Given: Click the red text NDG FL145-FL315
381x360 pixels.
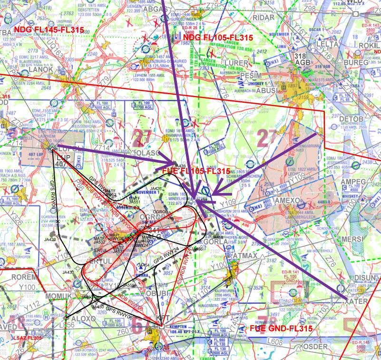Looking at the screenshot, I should [x=49, y=30].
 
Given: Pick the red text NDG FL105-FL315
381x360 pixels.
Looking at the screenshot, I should [x=218, y=38].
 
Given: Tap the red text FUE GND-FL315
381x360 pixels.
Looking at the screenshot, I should [x=281, y=329].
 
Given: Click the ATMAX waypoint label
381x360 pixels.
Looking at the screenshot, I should [x=246, y=256].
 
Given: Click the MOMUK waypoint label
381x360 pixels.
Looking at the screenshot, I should [x=58, y=296].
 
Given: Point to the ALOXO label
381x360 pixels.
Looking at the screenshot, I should [x=83, y=318].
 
